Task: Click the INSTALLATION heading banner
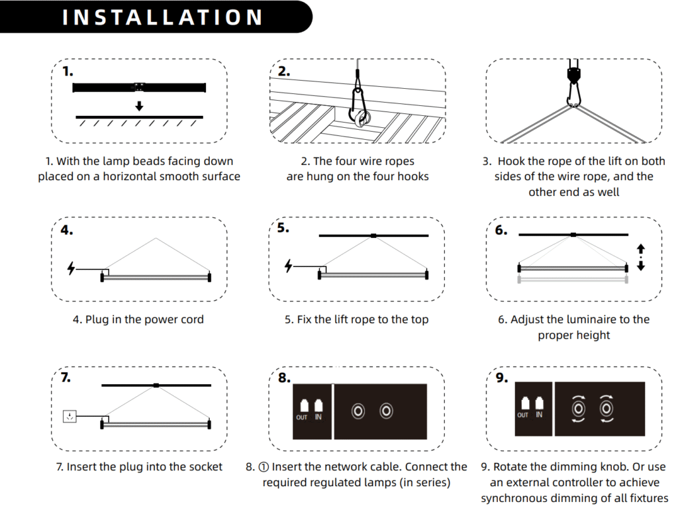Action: tap(156, 17)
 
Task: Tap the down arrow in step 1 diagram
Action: tap(139, 106)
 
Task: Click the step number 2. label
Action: tap(283, 71)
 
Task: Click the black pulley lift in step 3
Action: tap(573, 74)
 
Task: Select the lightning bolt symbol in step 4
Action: tap(71, 268)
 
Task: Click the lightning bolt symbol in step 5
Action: tap(288, 265)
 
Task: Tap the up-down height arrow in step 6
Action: tap(641, 257)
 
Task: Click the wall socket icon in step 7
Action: tap(70, 416)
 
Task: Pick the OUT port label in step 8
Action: tap(302, 417)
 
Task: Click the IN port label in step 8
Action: tap(318, 417)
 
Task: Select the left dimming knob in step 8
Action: tap(358, 411)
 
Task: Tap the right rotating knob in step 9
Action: tap(606, 408)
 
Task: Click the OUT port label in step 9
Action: tap(523, 415)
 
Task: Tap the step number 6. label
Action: tap(501, 230)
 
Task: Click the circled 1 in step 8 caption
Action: tap(264, 467)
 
